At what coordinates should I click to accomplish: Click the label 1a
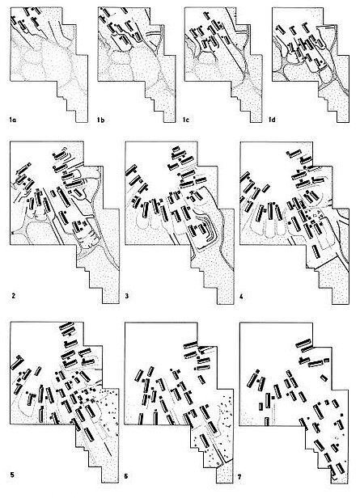(x=13, y=120)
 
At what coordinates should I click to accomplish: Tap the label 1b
(x=101, y=120)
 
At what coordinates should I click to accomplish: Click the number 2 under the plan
(x=14, y=296)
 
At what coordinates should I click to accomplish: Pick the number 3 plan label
(x=127, y=297)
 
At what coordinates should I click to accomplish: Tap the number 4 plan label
(x=241, y=298)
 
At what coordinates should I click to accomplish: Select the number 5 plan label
(x=12, y=475)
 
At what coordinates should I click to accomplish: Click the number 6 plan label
(x=126, y=477)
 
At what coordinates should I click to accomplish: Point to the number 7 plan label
(x=239, y=477)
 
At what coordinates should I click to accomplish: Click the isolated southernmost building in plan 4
(x=316, y=251)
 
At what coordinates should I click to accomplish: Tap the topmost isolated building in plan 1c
(x=207, y=15)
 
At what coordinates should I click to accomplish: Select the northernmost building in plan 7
(x=303, y=343)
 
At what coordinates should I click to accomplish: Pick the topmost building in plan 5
(x=66, y=327)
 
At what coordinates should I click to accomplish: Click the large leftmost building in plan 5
(x=18, y=362)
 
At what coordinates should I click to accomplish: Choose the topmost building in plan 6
(x=190, y=345)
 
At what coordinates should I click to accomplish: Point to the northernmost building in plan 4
(x=294, y=154)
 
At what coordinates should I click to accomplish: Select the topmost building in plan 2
(x=60, y=154)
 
